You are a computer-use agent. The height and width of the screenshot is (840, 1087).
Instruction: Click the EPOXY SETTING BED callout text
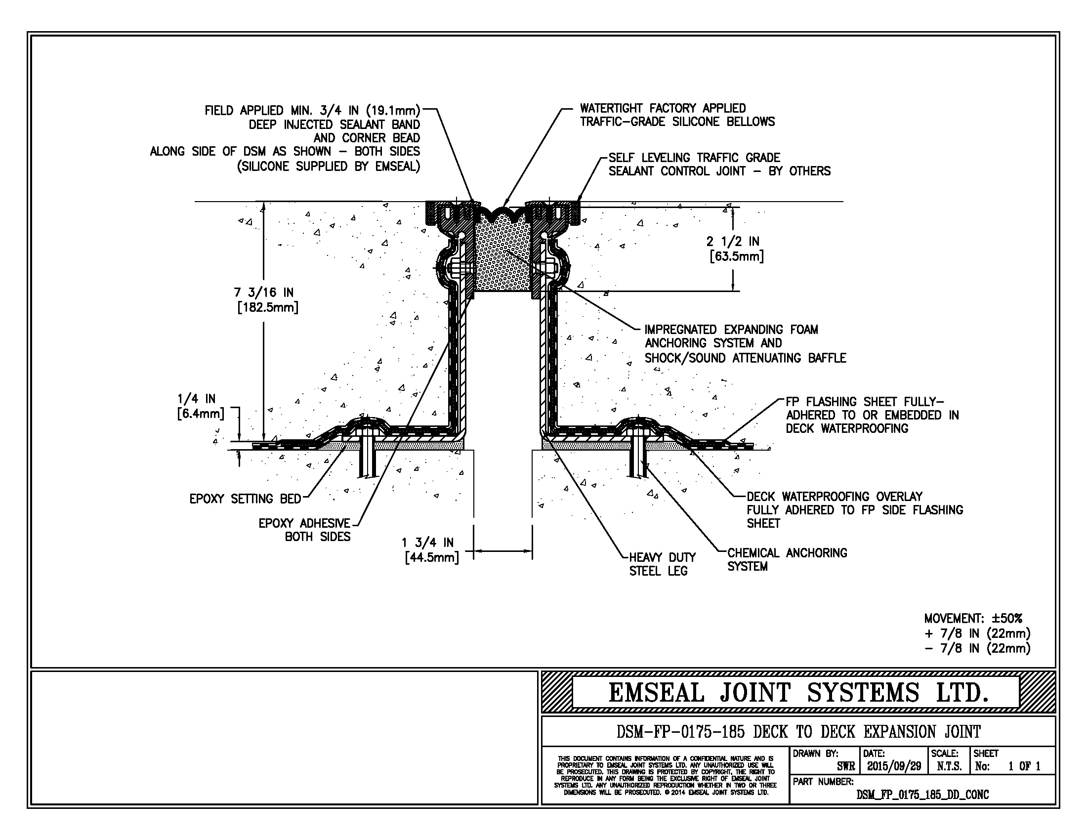coord(246,499)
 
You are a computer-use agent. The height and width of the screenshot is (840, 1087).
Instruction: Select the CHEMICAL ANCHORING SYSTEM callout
coord(787,559)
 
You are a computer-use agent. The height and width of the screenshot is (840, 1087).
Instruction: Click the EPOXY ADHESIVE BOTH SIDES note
coord(304,530)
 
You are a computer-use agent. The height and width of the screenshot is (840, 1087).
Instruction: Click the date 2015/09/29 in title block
coord(894,766)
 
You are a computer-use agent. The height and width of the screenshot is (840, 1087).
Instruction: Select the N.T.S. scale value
coord(949,766)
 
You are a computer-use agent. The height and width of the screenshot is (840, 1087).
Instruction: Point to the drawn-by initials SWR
coord(845,766)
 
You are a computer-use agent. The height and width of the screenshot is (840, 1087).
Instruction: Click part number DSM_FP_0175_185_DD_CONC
coord(922,795)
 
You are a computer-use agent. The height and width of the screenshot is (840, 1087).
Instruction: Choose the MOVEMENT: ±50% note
coord(973,619)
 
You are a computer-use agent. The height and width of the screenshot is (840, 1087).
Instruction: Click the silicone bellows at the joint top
coord(502,214)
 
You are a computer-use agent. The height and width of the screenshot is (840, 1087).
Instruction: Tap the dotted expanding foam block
coord(502,259)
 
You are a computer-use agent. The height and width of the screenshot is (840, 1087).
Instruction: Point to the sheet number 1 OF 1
coord(1024,766)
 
